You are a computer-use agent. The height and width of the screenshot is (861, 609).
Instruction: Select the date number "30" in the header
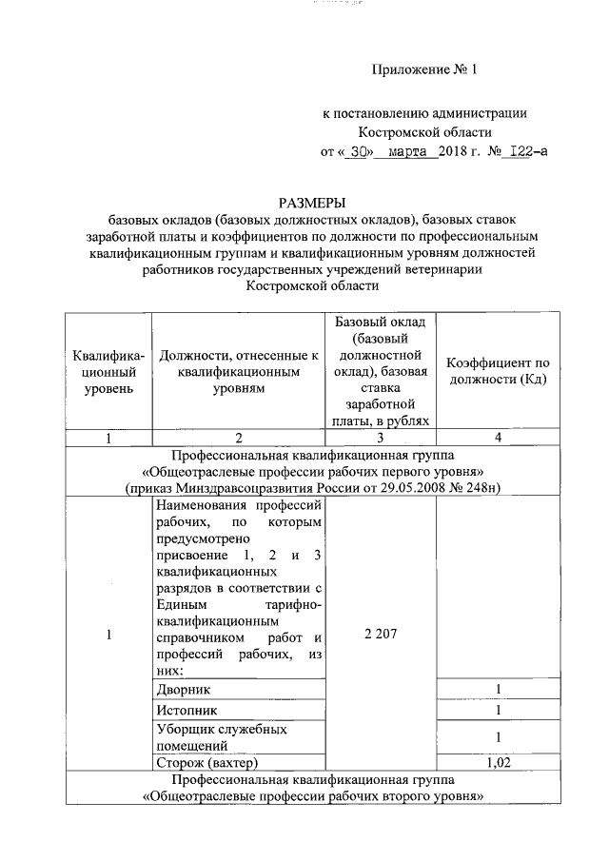coord(357,149)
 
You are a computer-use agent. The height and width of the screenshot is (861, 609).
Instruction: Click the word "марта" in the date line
coord(410,149)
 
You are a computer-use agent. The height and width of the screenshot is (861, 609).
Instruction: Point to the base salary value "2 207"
coord(379,636)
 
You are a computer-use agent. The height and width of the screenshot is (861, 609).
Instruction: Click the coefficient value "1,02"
coord(499,763)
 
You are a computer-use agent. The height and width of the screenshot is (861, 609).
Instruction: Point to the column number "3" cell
coord(379,438)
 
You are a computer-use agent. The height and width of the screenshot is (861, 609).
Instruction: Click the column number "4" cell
coord(499,438)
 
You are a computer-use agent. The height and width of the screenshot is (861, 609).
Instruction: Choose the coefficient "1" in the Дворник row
coord(499,689)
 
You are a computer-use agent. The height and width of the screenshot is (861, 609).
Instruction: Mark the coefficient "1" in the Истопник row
coord(499,710)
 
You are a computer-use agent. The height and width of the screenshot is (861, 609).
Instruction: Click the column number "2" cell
coord(238,438)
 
